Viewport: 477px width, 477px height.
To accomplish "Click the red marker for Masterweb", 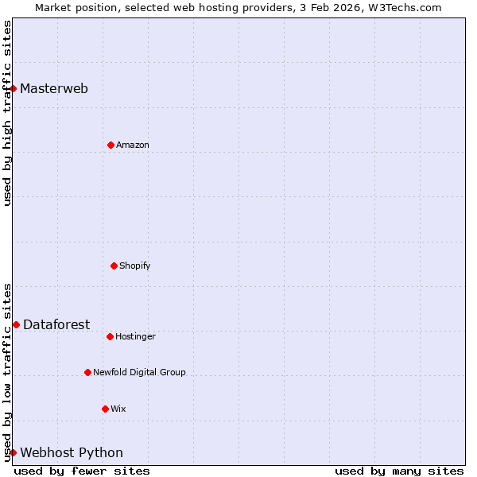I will coord(14,88).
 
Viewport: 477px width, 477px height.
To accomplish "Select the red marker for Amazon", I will coord(111,145).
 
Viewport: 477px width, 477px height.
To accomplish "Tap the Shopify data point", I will coord(114,266).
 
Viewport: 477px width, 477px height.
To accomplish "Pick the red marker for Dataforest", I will coord(17,324).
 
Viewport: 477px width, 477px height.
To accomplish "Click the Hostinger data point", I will coord(111,336).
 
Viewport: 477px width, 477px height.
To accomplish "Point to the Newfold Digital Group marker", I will coord(88,372).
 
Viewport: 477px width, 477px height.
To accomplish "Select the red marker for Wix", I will coord(106,409).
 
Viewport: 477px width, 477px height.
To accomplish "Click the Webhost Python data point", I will coord(14,452).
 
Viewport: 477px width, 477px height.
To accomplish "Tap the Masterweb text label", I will coord(54,88).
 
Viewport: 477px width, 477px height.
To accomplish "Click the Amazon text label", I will coord(133,145).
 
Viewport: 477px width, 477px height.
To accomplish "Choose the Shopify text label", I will coord(135,266).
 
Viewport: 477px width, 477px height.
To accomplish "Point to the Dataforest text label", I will coord(56,324).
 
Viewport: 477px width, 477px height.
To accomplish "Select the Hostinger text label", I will coord(136,336).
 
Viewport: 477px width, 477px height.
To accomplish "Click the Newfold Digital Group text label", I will coord(139,372).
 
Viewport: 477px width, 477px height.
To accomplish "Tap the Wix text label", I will coord(118,409).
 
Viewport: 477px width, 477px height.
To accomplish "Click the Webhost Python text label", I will coord(72,452).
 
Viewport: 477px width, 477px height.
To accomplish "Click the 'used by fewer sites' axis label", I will coord(82,471).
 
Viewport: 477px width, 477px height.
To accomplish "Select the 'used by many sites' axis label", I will coord(399,471).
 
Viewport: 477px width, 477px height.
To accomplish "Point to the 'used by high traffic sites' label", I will coord(7,112).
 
